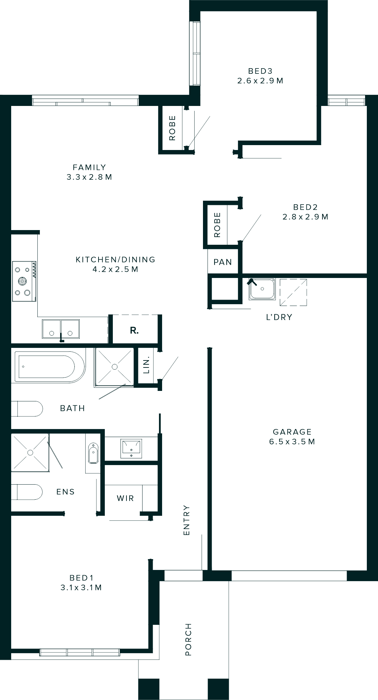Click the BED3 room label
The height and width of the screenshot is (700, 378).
260,71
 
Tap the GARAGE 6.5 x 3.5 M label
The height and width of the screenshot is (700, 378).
292,437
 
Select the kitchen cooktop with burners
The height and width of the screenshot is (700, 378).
24,281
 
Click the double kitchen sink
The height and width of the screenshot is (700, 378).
61,329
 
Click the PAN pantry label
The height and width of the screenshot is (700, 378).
223,262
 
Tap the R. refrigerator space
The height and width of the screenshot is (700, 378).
135,330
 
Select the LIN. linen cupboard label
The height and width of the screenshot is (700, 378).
146,365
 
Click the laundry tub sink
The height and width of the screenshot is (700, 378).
262,289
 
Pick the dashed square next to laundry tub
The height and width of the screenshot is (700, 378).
293,292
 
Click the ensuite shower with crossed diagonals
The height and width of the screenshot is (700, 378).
30,452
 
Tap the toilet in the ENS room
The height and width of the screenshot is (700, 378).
27,492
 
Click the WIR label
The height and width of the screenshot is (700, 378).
125,498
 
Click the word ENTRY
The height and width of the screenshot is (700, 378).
187,520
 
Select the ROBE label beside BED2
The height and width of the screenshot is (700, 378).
217,225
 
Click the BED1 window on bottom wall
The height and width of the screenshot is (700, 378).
80,652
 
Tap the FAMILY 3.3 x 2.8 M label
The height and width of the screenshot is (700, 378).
89,172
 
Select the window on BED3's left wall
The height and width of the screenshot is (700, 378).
195,53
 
